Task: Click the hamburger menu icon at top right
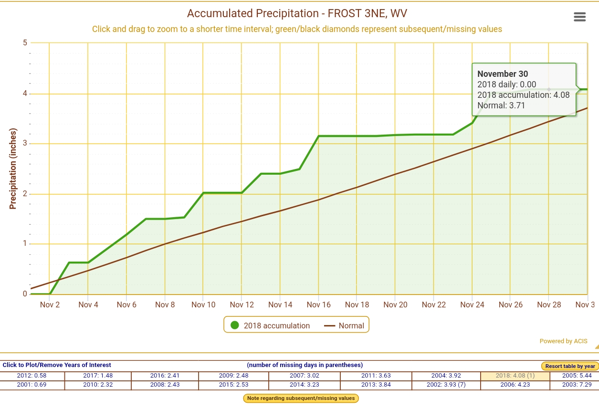[x=579, y=17]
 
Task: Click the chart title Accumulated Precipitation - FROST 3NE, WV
[x=297, y=13]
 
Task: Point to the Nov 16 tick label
[x=318, y=305]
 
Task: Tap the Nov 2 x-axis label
[x=50, y=305]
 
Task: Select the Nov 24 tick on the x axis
[x=472, y=305]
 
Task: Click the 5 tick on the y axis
[x=25, y=43]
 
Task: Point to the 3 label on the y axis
[x=25, y=144]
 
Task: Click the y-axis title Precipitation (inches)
[x=13, y=168]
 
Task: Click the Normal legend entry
[x=344, y=326]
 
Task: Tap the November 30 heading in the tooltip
[x=503, y=74]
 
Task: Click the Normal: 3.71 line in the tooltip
[x=501, y=105]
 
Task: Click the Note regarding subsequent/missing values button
[x=301, y=398]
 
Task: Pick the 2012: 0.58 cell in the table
[x=32, y=376]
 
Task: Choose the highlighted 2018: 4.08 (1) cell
[x=515, y=376]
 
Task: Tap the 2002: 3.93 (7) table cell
[x=446, y=385]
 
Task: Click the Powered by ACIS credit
[x=563, y=341]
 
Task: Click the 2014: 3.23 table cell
[x=304, y=385]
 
